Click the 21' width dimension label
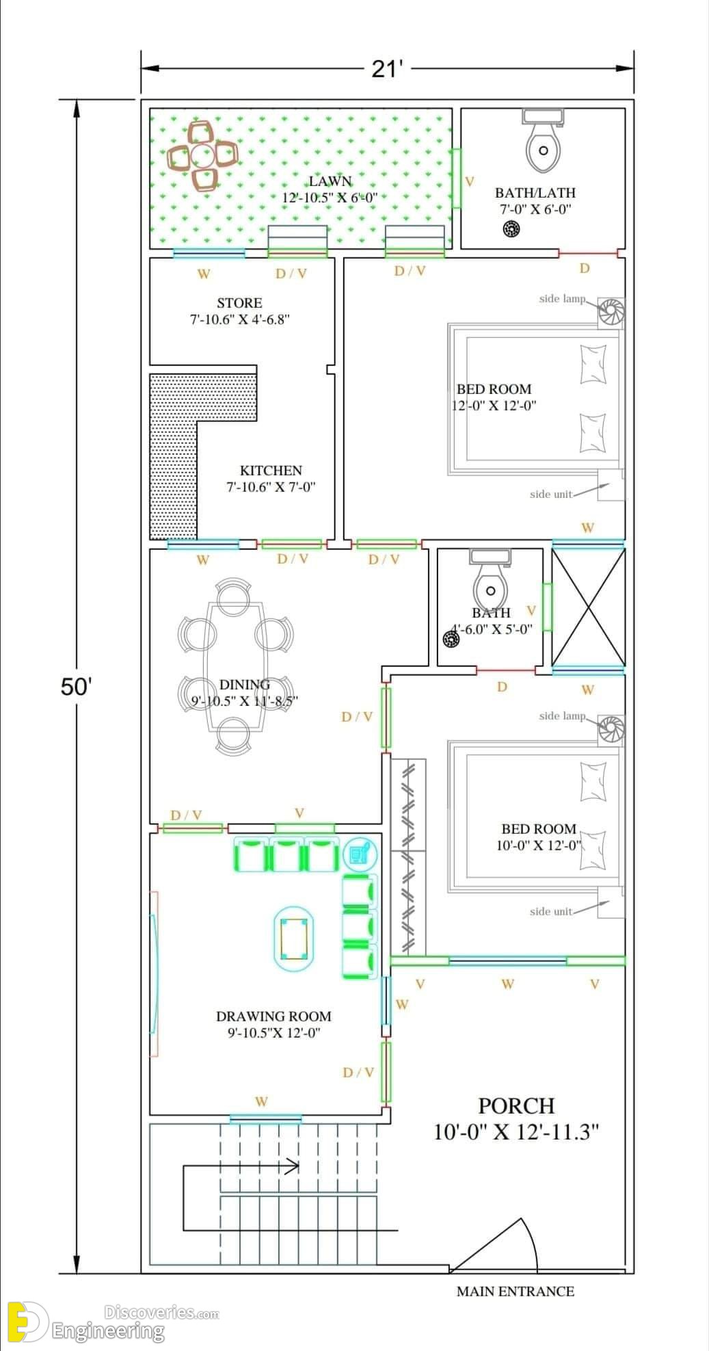click(387, 69)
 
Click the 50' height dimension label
click(76, 686)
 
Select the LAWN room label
click(330, 181)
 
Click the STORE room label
click(239, 302)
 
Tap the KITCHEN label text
click(271, 471)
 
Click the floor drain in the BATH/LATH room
click(511, 229)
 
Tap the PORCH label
click(516, 1106)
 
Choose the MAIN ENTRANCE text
click(516, 1291)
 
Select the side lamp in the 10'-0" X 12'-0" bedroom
click(611, 729)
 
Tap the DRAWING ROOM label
click(273, 1016)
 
